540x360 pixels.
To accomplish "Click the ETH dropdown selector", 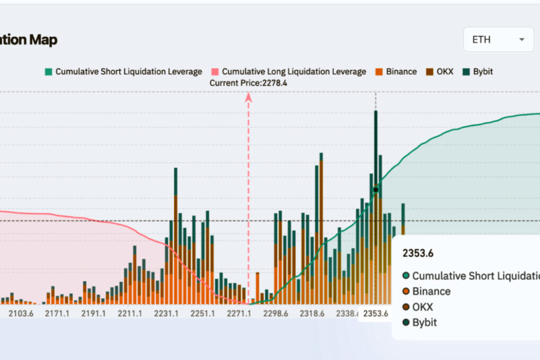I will point(498,39).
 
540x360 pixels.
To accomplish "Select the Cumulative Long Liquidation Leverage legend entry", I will point(289,71).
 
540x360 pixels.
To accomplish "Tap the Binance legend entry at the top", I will point(397,71).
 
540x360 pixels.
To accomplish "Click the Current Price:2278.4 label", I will point(248,83).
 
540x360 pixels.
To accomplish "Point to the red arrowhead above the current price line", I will point(248,97).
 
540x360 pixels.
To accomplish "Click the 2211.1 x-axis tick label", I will point(130,314).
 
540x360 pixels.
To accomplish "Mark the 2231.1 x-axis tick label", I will point(166,314).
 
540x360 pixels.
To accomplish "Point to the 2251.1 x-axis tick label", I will point(203,314).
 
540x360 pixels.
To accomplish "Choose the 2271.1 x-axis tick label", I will point(239,314).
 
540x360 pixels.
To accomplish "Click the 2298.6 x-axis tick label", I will point(275,314).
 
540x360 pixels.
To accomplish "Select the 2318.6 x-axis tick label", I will point(312,314).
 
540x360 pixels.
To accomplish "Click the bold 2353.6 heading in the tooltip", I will point(418,253).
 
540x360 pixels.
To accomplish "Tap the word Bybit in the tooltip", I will point(424,322).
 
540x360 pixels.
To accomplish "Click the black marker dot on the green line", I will point(375,190).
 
